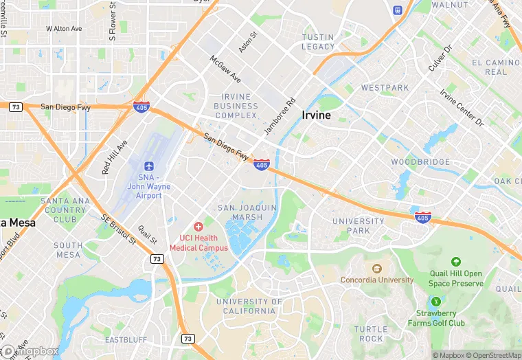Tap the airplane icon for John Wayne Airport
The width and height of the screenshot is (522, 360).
tap(149, 167)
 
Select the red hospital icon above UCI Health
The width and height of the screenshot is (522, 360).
tap(198, 226)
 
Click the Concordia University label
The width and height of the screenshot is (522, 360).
tap(377, 280)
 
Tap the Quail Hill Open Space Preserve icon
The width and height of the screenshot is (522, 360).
tap(455, 262)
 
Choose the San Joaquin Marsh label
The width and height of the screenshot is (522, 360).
tap(247, 212)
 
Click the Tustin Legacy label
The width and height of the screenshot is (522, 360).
tap(318, 42)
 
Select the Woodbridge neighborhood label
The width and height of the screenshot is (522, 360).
tap(420, 162)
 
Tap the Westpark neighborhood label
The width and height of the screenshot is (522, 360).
tap(385, 88)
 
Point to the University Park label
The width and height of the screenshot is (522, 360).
tap(358, 226)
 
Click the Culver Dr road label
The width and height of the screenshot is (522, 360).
tap(440, 58)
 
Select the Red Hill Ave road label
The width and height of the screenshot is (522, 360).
tap(115, 157)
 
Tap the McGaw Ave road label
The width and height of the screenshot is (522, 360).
tap(225, 68)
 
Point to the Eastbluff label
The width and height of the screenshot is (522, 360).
tap(126, 340)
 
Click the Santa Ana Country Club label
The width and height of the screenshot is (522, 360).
tap(64, 210)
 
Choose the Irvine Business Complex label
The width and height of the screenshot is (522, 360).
tap(236, 106)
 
